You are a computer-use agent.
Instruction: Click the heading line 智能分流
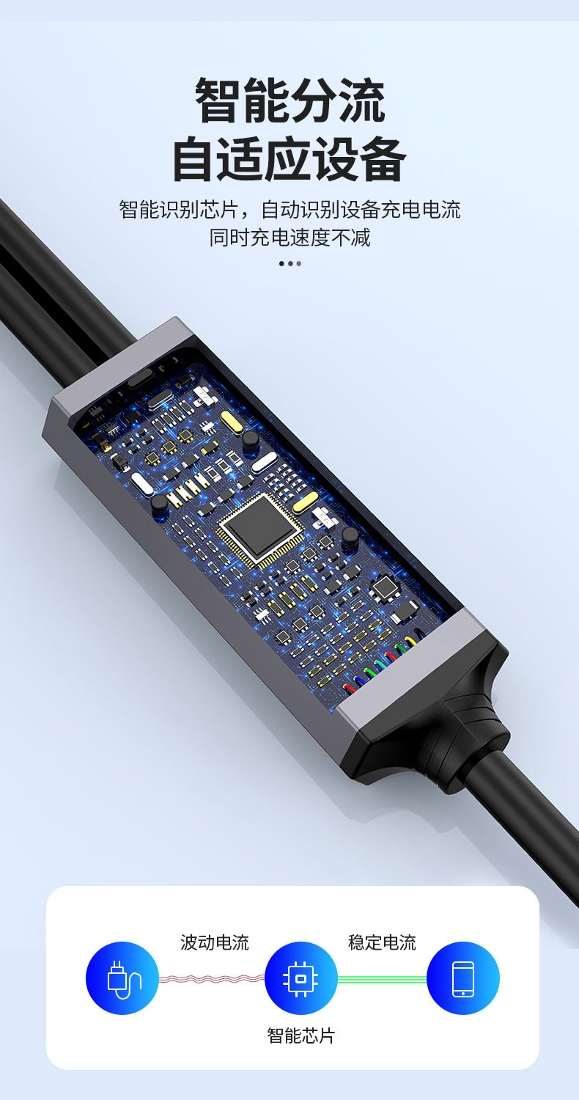point(289,100)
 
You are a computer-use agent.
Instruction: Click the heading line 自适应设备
point(289,159)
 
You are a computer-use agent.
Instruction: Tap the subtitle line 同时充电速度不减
point(289,238)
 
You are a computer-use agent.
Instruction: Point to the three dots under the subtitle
point(290,264)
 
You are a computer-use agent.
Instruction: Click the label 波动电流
point(215,942)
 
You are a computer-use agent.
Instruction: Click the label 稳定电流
point(382,942)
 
